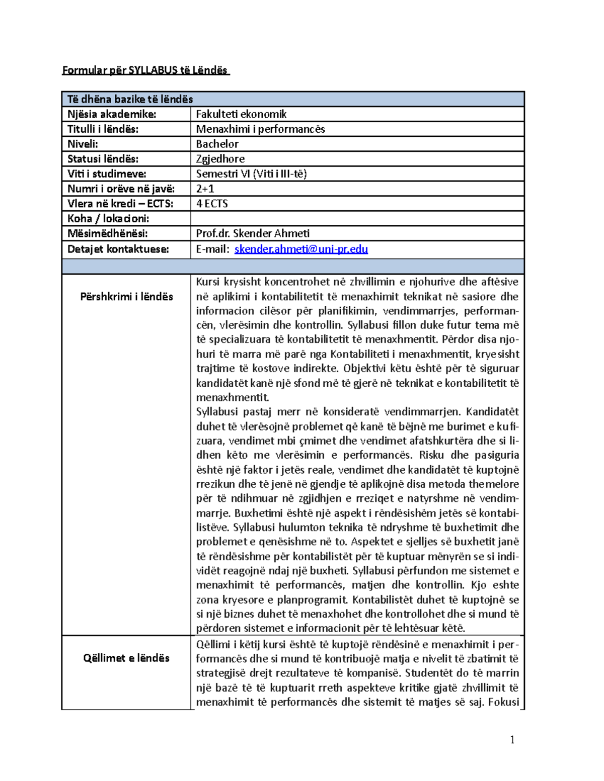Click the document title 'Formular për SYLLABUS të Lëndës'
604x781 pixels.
[x=145, y=70]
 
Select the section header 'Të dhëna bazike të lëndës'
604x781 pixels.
[x=130, y=99]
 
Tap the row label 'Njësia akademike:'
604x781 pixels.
[x=112, y=114]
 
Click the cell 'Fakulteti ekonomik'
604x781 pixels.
[x=241, y=114]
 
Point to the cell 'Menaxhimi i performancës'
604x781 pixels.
[x=260, y=129]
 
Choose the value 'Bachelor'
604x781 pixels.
[x=217, y=144]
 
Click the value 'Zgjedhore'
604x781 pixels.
[x=220, y=159]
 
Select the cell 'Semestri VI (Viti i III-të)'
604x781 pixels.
[x=251, y=174]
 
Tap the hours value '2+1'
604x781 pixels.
[x=205, y=189]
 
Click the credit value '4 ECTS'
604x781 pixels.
[x=212, y=204]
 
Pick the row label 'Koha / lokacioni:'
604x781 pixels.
[x=108, y=219]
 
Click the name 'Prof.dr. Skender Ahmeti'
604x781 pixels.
[x=253, y=233]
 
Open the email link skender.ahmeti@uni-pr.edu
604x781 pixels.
[x=301, y=249]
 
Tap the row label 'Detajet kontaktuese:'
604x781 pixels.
[x=118, y=249]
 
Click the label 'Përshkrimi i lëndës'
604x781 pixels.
[x=126, y=297]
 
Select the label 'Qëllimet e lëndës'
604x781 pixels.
[x=126, y=658]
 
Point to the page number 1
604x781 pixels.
[x=512, y=739]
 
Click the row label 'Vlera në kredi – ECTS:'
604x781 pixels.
[x=120, y=204]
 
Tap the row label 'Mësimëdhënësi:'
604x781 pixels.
[x=108, y=233]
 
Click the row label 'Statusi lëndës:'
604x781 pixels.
[x=103, y=159]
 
